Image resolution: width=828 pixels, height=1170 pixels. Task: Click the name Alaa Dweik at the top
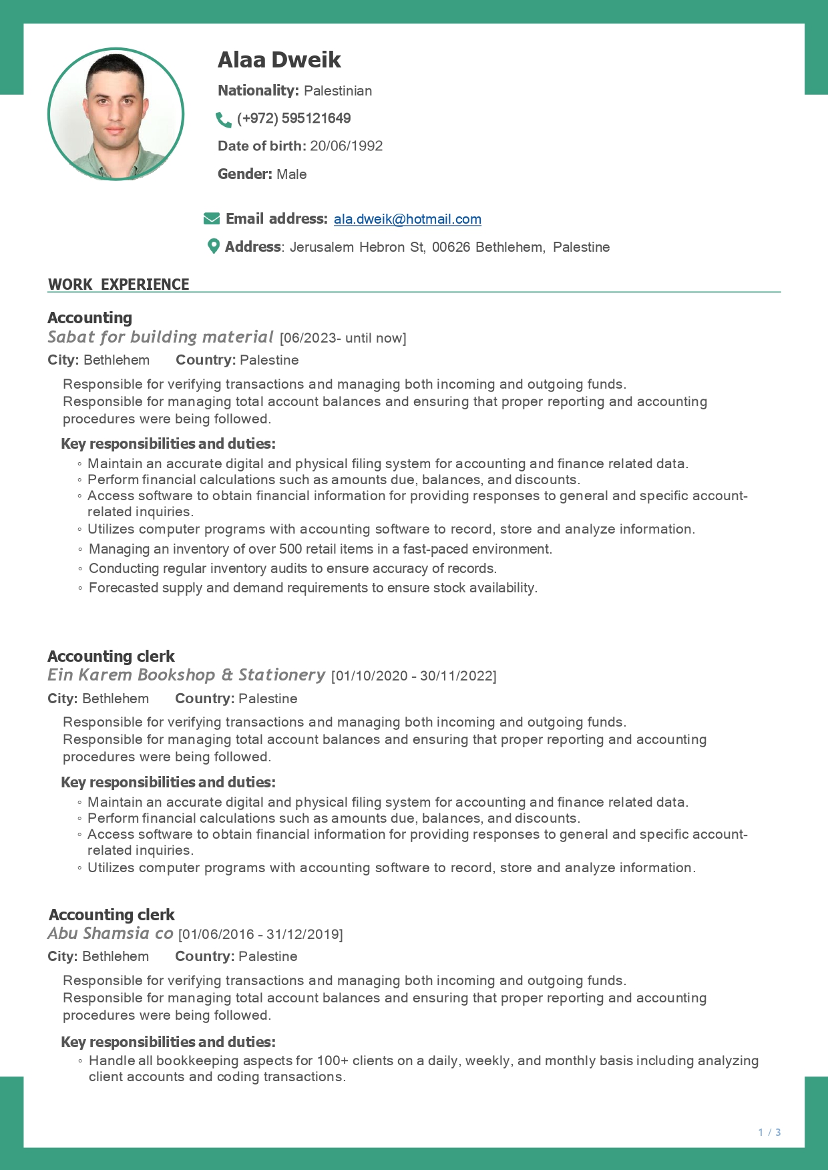coord(279,60)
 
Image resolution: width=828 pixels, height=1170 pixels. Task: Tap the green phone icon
coord(224,120)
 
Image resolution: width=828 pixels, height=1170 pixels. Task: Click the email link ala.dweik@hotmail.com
coord(407,219)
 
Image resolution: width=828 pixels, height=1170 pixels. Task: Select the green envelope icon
coord(212,219)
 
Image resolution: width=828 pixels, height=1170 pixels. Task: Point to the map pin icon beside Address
coord(214,246)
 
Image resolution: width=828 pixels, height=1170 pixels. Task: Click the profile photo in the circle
coord(116,114)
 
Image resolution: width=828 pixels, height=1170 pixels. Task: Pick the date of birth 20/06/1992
coord(346,146)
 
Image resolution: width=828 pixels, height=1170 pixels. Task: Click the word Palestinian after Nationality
coord(338,91)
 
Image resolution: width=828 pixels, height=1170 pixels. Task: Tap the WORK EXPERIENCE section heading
coord(119,284)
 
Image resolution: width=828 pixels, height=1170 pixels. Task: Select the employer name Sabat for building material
coord(160,337)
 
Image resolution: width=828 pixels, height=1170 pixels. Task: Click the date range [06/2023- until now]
coord(343,338)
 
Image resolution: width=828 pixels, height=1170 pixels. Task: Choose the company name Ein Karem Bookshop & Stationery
coord(186,675)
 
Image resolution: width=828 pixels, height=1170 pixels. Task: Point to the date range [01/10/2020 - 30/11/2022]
coord(414,676)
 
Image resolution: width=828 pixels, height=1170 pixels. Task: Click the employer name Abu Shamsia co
coord(110,934)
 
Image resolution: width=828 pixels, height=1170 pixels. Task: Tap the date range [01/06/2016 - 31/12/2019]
coord(260,934)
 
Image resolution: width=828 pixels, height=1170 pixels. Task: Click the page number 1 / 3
coord(769,1132)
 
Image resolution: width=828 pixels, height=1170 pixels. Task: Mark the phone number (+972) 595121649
coord(294,119)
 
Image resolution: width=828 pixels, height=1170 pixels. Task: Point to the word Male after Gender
coord(292,174)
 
